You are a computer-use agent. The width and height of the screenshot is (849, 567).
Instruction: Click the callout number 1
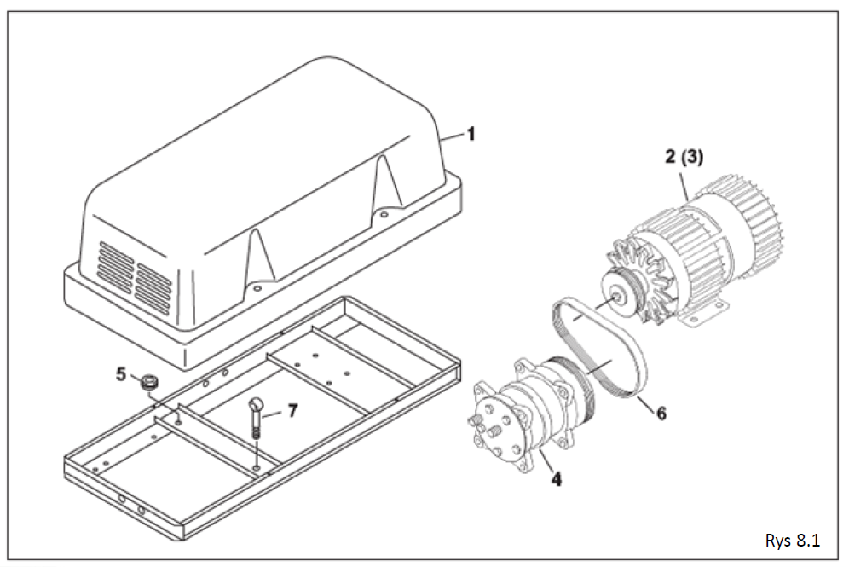pyautogui.click(x=471, y=133)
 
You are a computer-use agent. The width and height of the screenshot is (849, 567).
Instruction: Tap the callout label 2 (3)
pyautogui.click(x=684, y=158)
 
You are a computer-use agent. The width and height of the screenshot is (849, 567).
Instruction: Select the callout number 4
pyautogui.click(x=556, y=478)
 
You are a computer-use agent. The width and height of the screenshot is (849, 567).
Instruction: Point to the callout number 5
pyautogui.click(x=121, y=373)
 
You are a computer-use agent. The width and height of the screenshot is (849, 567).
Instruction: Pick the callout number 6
pyautogui.click(x=661, y=414)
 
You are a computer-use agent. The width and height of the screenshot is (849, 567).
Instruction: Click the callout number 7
pyautogui.click(x=292, y=411)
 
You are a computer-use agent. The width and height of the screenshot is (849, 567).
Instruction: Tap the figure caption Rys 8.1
pyautogui.click(x=792, y=541)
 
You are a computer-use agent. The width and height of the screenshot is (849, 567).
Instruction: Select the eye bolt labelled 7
pyautogui.click(x=256, y=419)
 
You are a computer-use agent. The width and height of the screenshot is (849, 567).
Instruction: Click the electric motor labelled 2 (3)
pyautogui.click(x=693, y=255)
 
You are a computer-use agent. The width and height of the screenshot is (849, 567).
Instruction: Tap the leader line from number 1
pyautogui.click(x=453, y=136)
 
